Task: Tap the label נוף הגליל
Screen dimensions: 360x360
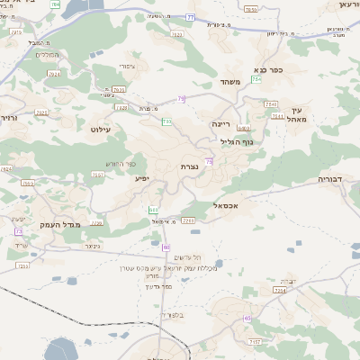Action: (x=236, y=141)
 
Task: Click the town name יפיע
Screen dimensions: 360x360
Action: (x=142, y=178)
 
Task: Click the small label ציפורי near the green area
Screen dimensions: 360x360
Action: (x=125, y=67)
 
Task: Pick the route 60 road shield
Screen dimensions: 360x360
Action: (x=166, y=247)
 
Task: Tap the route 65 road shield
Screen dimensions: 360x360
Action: (x=247, y=318)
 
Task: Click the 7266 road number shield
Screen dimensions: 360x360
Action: (x=188, y=220)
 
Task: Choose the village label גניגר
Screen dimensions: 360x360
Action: (x=92, y=245)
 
